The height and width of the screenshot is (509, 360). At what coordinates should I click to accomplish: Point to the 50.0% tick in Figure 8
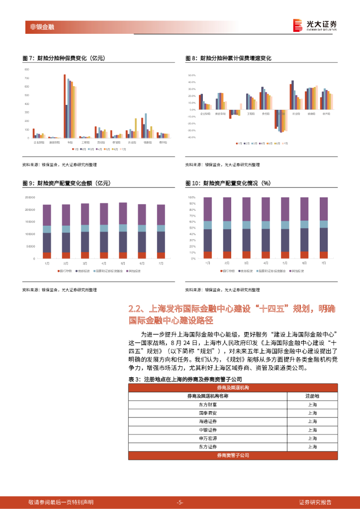point(191,75)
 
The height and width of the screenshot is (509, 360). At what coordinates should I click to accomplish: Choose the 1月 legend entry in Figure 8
point(239,143)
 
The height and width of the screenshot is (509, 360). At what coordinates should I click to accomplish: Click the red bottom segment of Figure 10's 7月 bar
point(323,255)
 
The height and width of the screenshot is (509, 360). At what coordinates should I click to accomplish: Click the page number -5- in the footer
point(180,502)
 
